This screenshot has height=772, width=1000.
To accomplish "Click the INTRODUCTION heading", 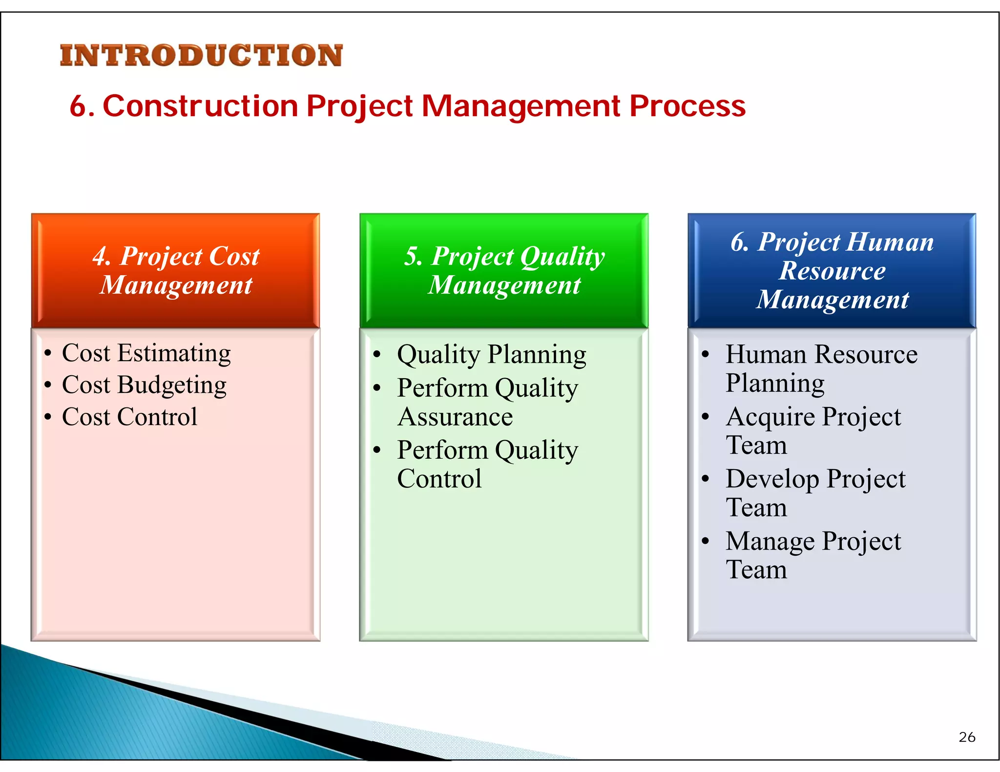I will [x=201, y=55].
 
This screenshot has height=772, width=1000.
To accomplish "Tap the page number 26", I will [x=967, y=737].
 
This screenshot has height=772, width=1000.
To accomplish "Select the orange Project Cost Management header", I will [x=176, y=270].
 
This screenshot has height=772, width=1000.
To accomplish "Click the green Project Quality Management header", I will [x=504, y=270].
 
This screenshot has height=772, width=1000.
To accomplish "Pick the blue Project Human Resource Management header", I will [x=832, y=270].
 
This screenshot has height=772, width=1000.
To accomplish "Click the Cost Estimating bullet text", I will [x=146, y=353].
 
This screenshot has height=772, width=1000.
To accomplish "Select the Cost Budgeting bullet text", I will [x=144, y=385].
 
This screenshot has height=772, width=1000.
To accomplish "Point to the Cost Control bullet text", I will [x=129, y=417].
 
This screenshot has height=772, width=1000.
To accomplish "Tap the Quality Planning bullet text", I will [x=491, y=355].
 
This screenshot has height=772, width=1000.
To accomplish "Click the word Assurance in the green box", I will [x=455, y=418].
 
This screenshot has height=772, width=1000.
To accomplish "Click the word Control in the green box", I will [x=439, y=479].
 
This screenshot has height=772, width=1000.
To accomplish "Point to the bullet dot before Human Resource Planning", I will [x=705, y=355].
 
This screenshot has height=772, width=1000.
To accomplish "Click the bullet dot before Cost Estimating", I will [x=47, y=353].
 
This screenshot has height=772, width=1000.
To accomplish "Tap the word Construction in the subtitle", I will [x=200, y=106].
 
